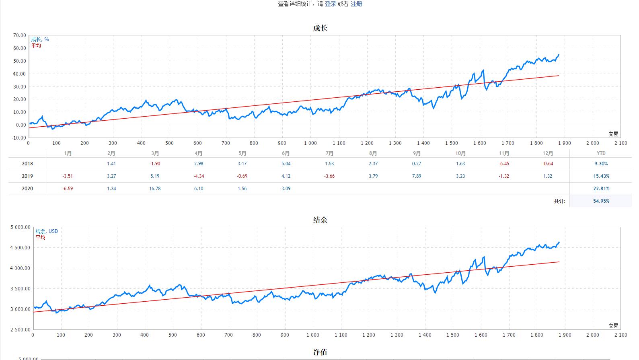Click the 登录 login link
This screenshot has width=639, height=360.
pos(330,4)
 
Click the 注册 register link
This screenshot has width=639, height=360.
pos(356,4)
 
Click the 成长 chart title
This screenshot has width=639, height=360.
pos(320,28)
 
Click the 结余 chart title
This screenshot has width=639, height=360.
pos(320,220)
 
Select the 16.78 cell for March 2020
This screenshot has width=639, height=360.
pos(155,189)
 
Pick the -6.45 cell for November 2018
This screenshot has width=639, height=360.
pos(504,164)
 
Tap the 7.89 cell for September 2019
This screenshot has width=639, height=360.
pos(417,176)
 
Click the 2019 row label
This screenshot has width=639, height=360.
pos(27,176)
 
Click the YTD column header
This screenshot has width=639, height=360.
pos(601,153)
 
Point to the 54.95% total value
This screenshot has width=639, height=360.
pos(601,201)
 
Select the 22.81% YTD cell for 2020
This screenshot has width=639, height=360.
pos(601,189)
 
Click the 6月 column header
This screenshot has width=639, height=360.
pos(286,153)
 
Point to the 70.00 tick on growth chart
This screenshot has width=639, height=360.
pos(19,35)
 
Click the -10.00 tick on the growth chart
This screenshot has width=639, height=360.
pos(18,138)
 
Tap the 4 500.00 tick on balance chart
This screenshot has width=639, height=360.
pos(20,248)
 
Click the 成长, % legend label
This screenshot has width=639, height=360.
pos(40,39)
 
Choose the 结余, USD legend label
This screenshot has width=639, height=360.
pos(47,231)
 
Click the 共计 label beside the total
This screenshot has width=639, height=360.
pos(559,201)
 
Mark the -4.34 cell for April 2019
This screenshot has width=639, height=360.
pos(199,176)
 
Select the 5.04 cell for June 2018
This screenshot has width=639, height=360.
pos(286,164)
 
